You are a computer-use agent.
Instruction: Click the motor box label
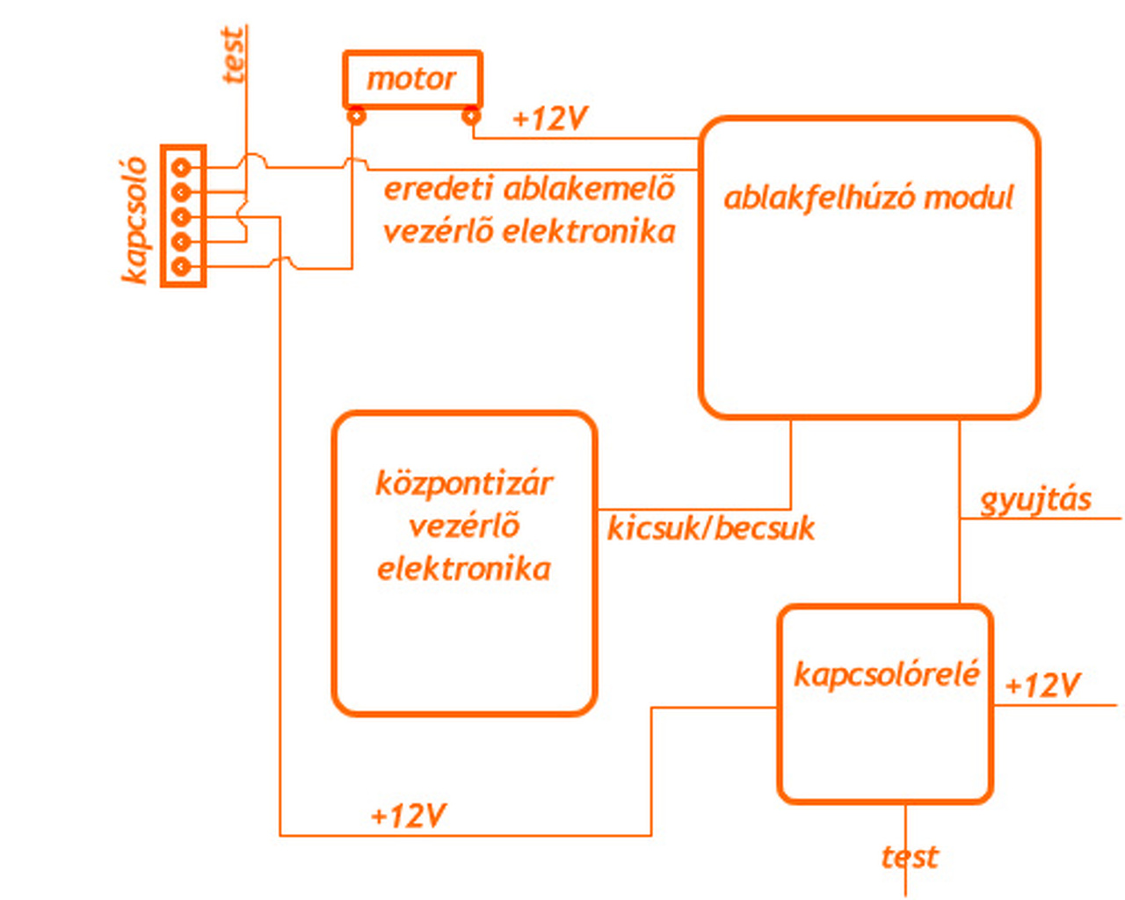[x=411, y=79]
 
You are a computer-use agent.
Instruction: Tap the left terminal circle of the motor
[x=357, y=115]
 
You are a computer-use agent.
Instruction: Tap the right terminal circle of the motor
[x=471, y=115]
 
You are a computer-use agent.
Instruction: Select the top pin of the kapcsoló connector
[x=181, y=167]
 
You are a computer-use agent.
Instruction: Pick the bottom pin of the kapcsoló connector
[x=181, y=266]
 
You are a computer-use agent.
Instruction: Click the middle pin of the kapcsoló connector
[x=181, y=217]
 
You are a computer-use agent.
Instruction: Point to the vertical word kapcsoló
[x=134, y=220]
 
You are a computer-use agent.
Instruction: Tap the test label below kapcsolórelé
[x=911, y=857]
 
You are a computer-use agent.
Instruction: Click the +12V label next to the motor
[x=550, y=118]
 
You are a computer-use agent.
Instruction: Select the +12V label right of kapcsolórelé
[x=1042, y=685]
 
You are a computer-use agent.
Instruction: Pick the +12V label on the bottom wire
[x=409, y=815]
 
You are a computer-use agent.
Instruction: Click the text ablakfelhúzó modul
[x=869, y=199]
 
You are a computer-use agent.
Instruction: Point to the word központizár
[x=464, y=484]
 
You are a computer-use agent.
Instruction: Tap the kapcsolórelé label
[x=887, y=675]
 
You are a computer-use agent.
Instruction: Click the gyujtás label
[x=1035, y=501]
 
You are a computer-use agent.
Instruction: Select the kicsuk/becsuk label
[x=711, y=529]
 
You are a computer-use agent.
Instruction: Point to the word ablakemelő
[x=589, y=189]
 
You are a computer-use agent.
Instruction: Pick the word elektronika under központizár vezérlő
[x=464, y=569]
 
